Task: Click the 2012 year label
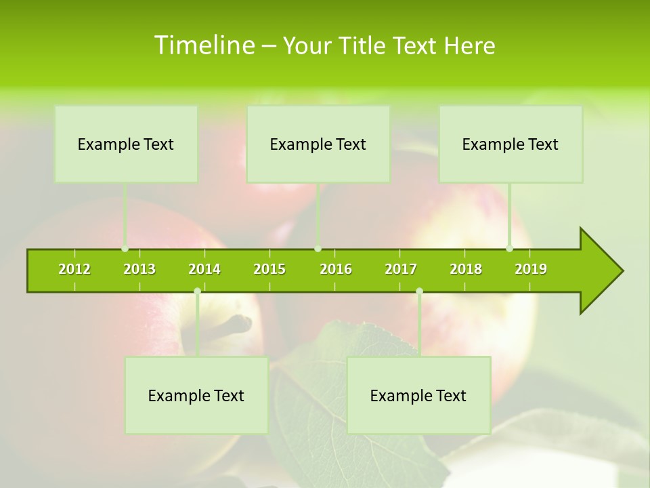(x=74, y=269)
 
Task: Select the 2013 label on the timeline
(x=139, y=269)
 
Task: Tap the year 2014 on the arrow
(x=204, y=269)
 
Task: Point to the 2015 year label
(x=269, y=269)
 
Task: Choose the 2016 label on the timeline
(x=336, y=269)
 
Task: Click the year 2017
(x=401, y=269)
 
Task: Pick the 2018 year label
(x=466, y=269)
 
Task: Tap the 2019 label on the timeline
(x=531, y=269)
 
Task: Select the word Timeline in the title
(x=203, y=45)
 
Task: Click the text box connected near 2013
(x=126, y=144)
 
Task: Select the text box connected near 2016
(x=318, y=144)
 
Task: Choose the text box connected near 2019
(x=511, y=144)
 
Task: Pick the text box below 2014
(x=196, y=395)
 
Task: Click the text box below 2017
(x=418, y=395)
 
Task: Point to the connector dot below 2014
(x=197, y=291)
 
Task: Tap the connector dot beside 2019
(x=509, y=248)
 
